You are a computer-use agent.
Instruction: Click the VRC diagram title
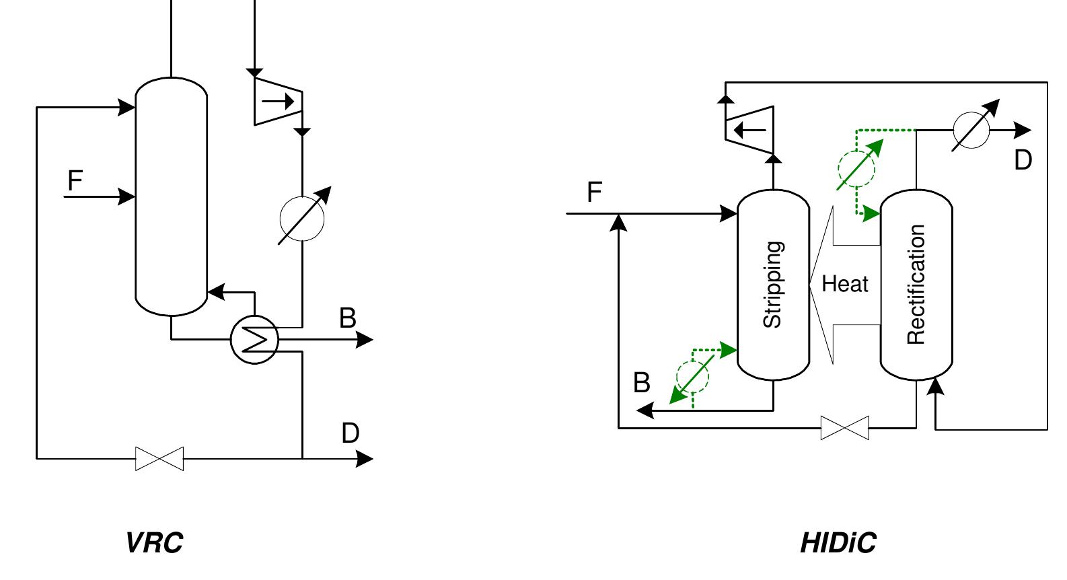[x=154, y=542]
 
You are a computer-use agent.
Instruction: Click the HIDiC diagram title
[x=838, y=542]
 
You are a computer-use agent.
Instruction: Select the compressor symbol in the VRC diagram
[x=278, y=102]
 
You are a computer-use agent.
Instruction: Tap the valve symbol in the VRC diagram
[x=159, y=459]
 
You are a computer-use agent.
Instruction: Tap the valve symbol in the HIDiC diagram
[x=845, y=428]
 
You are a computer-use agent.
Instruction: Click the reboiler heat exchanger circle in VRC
[x=254, y=340]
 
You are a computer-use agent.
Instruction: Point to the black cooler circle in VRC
[x=302, y=217]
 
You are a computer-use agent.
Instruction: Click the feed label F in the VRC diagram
[x=75, y=180]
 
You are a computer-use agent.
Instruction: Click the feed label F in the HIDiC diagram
[x=593, y=192]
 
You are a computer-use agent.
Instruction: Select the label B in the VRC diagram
[x=347, y=318]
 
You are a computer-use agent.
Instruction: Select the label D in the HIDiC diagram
[x=1023, y=160]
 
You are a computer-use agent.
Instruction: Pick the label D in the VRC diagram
[x=350, y=433]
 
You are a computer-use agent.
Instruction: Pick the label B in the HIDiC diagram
[x=642, y=383]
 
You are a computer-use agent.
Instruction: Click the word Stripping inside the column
[x=773, y=285]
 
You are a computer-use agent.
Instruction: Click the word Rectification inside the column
[x=916, y=285]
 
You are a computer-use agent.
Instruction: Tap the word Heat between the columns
[x=845, y=285]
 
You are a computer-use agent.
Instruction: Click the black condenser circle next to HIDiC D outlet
[x=971, y=129]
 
